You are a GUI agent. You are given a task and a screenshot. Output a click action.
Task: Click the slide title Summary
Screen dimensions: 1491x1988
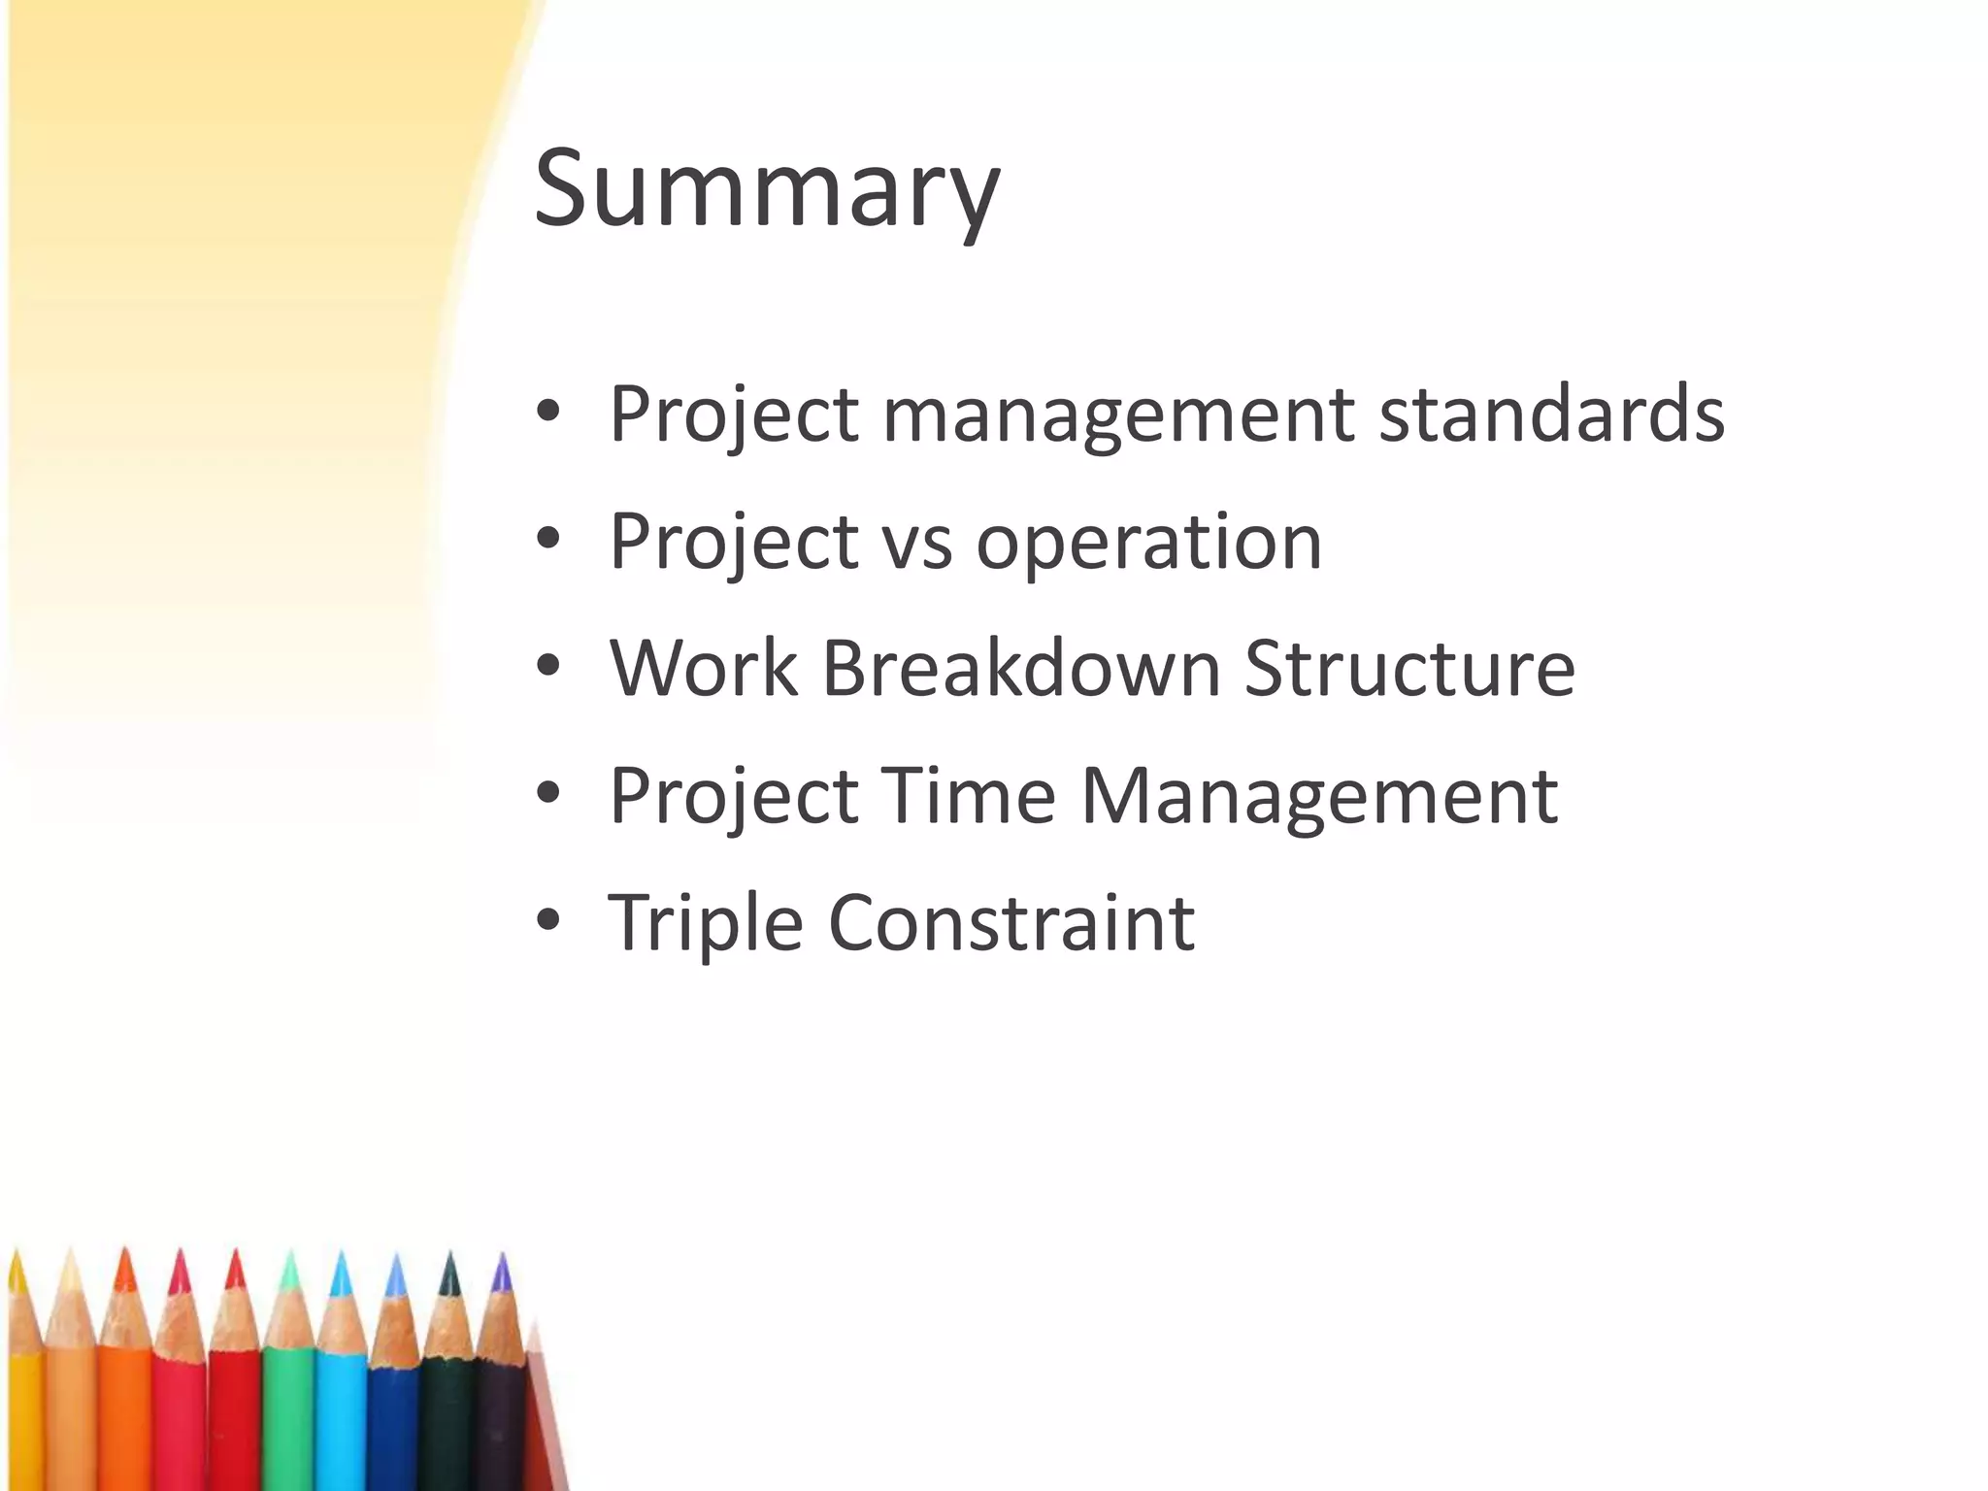pos(766,189)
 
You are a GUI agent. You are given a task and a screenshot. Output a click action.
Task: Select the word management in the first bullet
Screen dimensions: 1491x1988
pos(1117,414)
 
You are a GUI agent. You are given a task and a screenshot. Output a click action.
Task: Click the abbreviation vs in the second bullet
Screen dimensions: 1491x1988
pos(917,544)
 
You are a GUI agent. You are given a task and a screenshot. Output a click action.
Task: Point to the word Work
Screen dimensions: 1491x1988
pos(704,669)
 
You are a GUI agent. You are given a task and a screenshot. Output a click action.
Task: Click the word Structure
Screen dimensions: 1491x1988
pos(1408,669)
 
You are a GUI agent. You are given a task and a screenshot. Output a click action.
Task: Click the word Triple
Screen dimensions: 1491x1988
pos(706,923)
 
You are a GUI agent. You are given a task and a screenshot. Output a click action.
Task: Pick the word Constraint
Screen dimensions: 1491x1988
pos(1011,923)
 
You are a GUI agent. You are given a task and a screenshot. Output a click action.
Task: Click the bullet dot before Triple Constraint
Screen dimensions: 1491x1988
pos(548,919)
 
